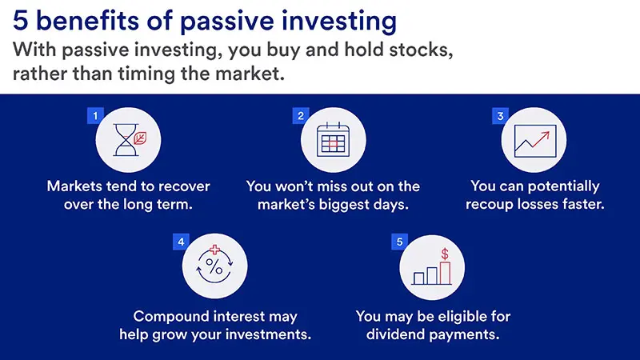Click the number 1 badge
pyautogui.click(x=96, y=116)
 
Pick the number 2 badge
pyautogui.click(x=302, y=116)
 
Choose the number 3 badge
pyautogui.click(x=500, y=116)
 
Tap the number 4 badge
pyautogui.click(x=182, y=241)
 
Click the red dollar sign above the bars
pyautogui.click(x=445, y=254)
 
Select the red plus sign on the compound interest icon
pyautogui.click(x=214, y=250)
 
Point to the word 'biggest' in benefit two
pyautogui.click(x=350, y=206)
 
